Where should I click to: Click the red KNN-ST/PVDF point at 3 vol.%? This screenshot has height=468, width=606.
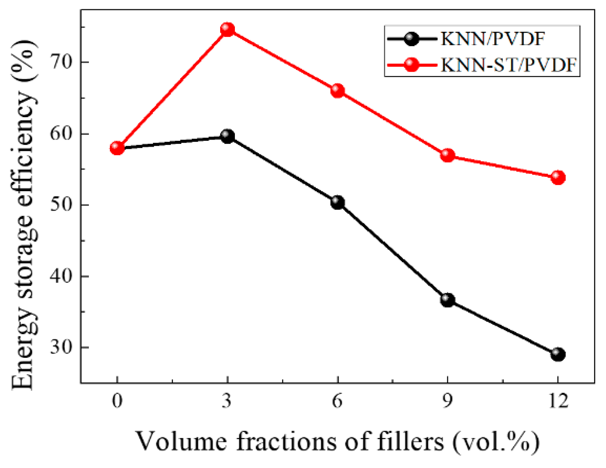[227, 29]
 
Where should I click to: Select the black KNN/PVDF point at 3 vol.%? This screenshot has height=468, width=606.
[227, 136]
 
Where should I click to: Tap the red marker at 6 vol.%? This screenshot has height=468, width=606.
[337, 91]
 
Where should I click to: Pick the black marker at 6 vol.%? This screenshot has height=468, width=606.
[337, 202]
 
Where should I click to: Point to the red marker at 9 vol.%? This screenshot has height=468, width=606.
[448, 155]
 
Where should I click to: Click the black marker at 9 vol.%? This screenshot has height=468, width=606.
[448, 300]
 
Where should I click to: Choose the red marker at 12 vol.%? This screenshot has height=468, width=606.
[558, 177]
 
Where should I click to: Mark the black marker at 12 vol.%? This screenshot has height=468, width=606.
[558, 354]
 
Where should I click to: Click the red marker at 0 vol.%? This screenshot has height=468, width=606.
[117, 148]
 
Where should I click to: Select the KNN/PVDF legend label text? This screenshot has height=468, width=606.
[492, 39]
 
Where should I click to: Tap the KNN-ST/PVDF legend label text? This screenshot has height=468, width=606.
[508, 65]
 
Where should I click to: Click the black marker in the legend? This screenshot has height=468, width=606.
[412, 39]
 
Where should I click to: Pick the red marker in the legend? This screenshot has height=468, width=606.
[412, 65]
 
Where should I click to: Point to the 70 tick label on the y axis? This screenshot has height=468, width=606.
[62, 62]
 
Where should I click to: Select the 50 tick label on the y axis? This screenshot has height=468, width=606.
[62, 205]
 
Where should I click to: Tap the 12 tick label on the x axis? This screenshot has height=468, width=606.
[558, 401]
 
